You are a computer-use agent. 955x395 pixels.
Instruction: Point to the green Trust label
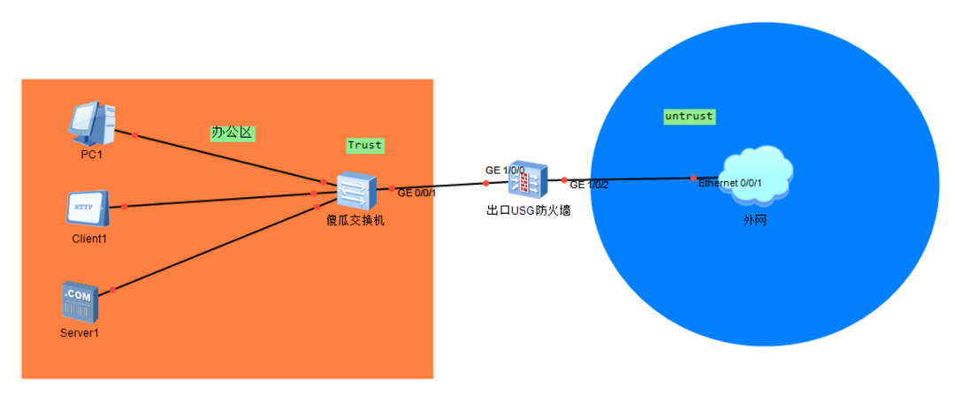364,145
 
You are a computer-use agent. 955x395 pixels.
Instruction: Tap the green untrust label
689,116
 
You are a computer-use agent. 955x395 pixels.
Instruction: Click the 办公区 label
232,133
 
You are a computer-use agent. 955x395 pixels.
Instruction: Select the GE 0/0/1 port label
416,193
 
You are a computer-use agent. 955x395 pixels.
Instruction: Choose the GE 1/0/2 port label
589,186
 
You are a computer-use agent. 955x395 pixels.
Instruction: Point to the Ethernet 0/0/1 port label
730,183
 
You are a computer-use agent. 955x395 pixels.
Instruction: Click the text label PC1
92,156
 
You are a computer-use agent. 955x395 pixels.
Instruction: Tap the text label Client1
88,239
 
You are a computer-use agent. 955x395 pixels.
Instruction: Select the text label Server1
80,332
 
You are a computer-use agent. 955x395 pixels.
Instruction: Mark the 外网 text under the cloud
754,219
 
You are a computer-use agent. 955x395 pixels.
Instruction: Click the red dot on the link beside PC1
134,135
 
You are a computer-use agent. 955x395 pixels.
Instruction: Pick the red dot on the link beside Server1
112,289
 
